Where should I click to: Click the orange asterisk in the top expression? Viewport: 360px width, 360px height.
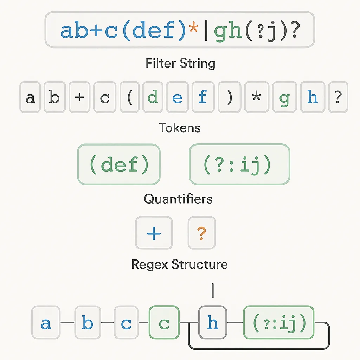pyautogui.click(x=193, y=29)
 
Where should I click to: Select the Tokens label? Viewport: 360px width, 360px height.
pyautogui.click(x=180, y=128)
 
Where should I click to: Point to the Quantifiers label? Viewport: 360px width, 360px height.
pyautogui.click(x=178, y=199)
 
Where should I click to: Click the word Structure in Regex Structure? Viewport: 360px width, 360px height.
pyautogui.click(x=200, y=264)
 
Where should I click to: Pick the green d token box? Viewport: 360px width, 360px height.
pyautogui.click(x=153, y=97)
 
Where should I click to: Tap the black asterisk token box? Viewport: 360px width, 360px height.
pyautogui.click(x=256, y=97)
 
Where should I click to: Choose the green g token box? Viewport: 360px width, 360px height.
pyautogui.click(x=284, y=97)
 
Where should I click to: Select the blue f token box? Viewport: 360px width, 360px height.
pyautogui.click(x=203, y=97)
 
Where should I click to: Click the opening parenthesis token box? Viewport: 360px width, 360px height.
pyautogui.click(x=130, y=97)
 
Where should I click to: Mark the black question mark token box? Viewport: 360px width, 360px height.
pyautogui.click(x=338, y=97)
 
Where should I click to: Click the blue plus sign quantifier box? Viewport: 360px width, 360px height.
pyautogui.click(x=154, y=233)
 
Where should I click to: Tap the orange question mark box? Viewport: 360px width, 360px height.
pyautogui.click(x=201, y=233)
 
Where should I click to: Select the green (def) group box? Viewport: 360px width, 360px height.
pyautogui.click(x=119, y=165)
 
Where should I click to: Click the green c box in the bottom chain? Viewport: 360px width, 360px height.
pyautogui.click(x=164, y=322)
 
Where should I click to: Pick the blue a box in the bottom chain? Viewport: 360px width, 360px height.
pyautogui.click(x=46, y=322)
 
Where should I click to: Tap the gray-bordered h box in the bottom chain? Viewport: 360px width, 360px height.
pyautogui.click(x=213, y=322)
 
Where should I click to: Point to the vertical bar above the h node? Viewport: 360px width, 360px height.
pyautogui.click(x=213, y=291)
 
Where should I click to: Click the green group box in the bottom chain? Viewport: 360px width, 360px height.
pyautogui.click(x=279, y=322)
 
